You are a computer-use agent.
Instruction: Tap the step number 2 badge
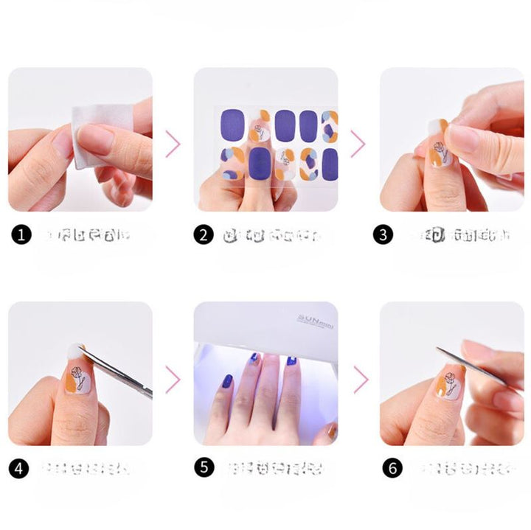[204, 235]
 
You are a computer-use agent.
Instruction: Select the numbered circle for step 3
[383, 235]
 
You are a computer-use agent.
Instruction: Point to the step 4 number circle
[19, 467]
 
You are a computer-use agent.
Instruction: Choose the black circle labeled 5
[204, 467]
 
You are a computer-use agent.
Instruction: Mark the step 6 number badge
[392, 467]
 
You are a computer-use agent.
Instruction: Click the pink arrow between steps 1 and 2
[173, 143]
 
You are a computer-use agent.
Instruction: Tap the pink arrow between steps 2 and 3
[358, 143]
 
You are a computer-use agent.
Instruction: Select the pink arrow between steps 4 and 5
[173, 379]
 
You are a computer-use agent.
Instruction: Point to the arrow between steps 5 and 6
[360, 379]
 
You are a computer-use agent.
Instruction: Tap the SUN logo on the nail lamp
[310, 319]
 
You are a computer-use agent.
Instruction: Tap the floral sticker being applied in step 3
[438, 151]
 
